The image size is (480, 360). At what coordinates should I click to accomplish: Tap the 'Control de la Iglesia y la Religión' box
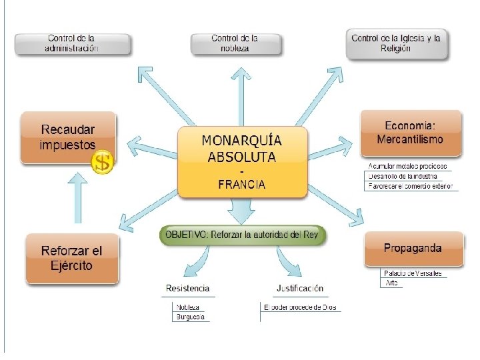click(x=396, y=43)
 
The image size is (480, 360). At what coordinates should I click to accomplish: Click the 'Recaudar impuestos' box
click(x=67, y=137)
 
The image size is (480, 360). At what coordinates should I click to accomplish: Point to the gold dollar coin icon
click(x=102, y=161)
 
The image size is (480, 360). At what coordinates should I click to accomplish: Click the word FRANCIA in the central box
click(x=242, y=185)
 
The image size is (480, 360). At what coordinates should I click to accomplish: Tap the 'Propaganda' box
click(x=413, y=249)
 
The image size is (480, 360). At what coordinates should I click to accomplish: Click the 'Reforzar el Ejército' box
click(x=71, y=259)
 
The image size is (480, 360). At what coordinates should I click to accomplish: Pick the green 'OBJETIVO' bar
click(x=243, y=235)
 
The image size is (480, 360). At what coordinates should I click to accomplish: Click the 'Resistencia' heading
click(x=187, y=289)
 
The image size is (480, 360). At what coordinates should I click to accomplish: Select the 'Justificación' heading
click(x=299, y=289)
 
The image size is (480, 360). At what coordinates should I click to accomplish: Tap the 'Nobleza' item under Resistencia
click(x=189, y=307)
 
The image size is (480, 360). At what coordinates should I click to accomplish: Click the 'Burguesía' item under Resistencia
click(x=191, y=317)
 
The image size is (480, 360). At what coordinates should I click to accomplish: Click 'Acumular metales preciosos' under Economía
click(x=408, y=166)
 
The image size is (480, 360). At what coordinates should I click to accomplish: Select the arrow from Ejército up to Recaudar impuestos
click(x=78, y=199)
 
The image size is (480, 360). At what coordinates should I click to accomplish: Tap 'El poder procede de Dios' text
click(x=300, y=307)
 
